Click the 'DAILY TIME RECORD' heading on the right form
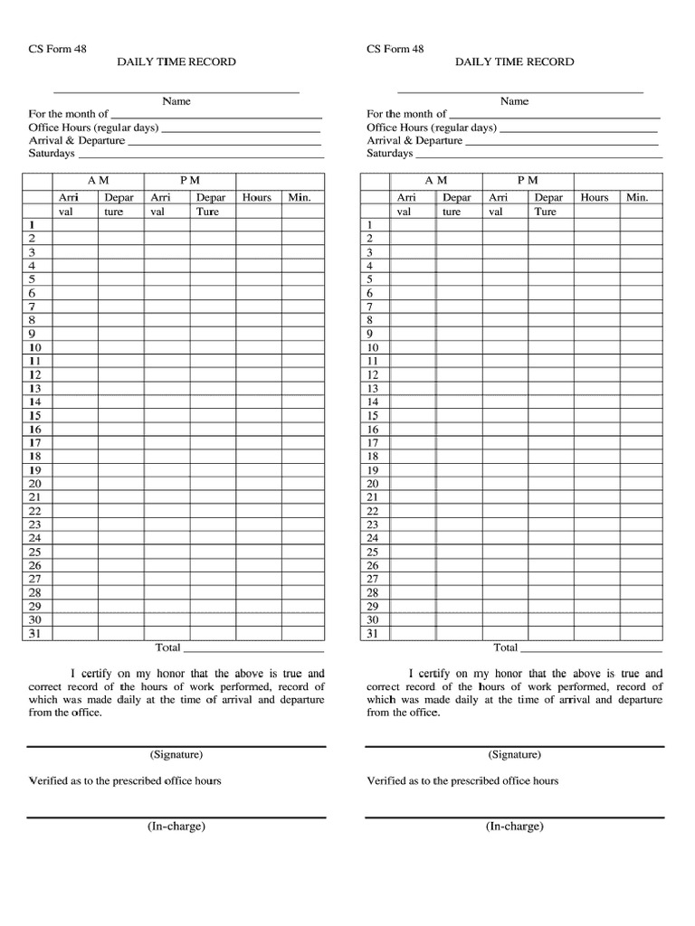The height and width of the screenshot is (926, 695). tap(514, 61)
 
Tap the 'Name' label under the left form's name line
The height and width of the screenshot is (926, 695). tap(176, 101)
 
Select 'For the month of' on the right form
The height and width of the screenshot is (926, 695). tap(406, 114)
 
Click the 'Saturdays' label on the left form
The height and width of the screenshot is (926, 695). tap(52, 153)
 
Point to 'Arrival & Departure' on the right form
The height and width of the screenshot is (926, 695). tap(414, 140)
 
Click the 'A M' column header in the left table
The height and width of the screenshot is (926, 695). tap(98, 181)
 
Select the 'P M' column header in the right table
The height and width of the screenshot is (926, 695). tap(528, 181)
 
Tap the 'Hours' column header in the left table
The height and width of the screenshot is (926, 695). tap(257, 197)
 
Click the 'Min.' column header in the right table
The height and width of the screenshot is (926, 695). tap(637, 197)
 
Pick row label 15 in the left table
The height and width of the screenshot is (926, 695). tap(34, 415)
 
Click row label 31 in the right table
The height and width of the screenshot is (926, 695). tap(371, 633)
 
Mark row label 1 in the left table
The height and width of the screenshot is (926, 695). tap(33, 225)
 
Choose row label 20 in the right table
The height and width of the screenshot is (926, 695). tap(371, 484)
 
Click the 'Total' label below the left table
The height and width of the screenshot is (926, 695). tap(168, 647)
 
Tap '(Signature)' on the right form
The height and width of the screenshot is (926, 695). tap(514, 754)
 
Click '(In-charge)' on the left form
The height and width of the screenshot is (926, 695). tap(176, 827)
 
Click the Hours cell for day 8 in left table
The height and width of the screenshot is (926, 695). tap(257, 320)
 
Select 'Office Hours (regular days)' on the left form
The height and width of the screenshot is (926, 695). tap(93, 128)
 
